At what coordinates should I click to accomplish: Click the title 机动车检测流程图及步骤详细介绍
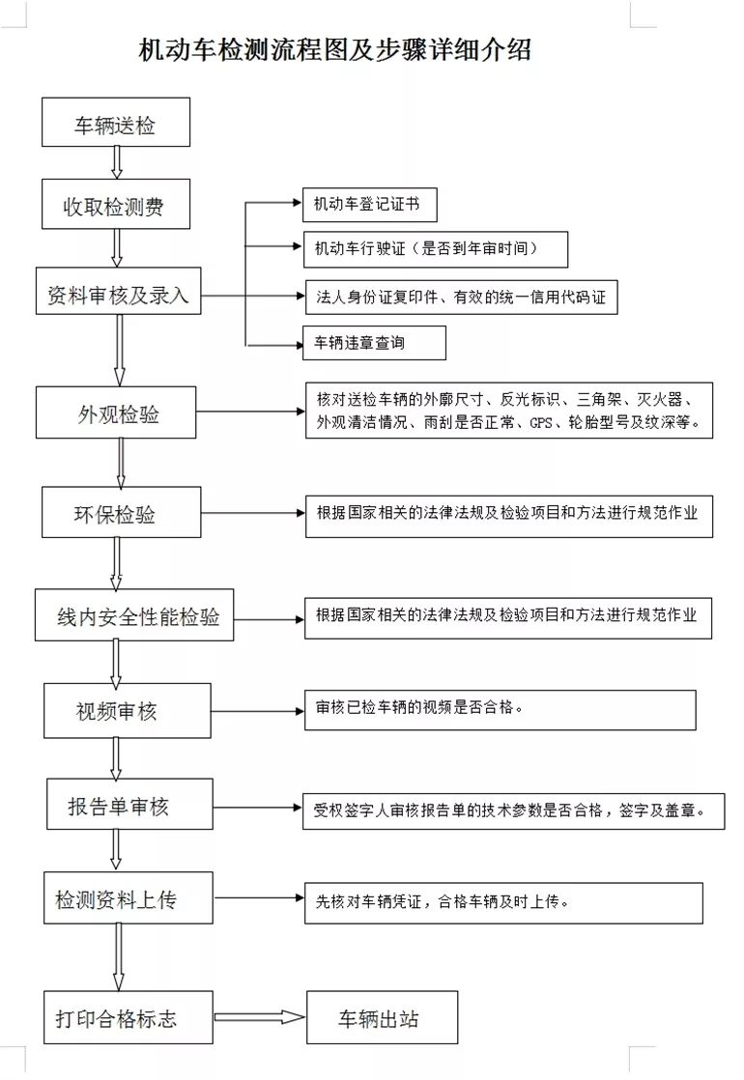click(x=334, y=51)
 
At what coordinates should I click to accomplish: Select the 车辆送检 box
click(x=116, y=123)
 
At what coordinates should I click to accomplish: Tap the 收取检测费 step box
click(x=116, y=204)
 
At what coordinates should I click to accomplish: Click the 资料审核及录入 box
click(x=118, y=291)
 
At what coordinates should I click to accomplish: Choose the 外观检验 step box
click(x=116, y=412)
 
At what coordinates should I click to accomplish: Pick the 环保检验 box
click(x=122, y=512)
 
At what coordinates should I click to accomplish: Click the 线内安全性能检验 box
click(x=136, y=613)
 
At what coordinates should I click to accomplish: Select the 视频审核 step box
click(x=127, y=711)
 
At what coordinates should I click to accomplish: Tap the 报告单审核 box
click(x=129, y=803)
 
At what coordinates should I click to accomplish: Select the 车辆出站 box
click(x=382, y=1017)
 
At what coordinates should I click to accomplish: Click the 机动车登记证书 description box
click(x=368, y=205)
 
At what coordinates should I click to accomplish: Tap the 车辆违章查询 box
click(x=374, y=342)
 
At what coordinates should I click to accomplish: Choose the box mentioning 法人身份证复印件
click(x=460, y=296)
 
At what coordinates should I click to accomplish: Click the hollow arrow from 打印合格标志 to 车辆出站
click(x=259, y=1017)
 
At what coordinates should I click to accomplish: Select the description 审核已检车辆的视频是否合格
click(x=500, y=710)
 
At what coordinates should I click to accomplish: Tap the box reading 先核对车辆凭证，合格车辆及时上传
click(x=503, y=902)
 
